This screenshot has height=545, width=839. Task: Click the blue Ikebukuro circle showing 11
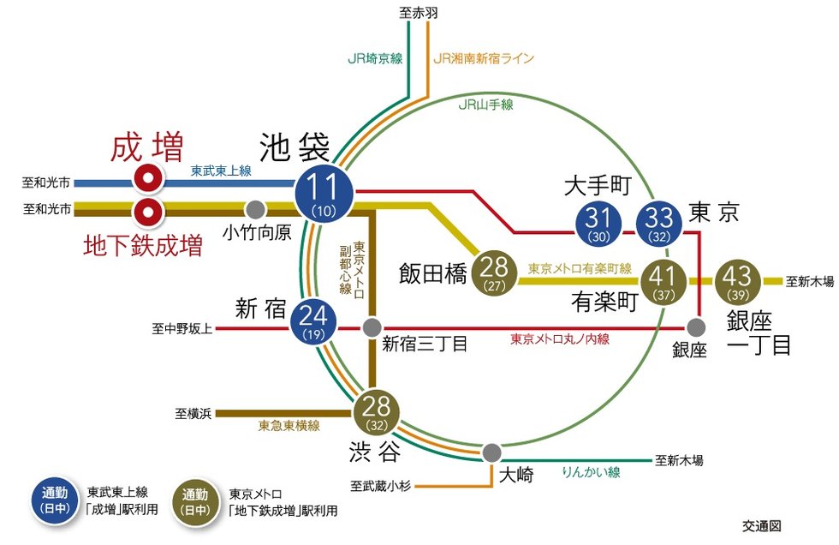324,194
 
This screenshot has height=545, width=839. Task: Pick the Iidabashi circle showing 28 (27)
494,273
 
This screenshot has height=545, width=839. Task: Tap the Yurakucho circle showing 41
663,282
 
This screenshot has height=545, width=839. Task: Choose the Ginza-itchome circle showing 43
738,282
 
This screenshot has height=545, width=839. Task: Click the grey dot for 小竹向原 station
256,209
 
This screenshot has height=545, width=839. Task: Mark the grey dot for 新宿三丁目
372,327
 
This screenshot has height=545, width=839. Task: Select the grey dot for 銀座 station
696,327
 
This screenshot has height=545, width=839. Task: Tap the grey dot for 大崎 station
491,453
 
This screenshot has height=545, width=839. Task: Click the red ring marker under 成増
148,179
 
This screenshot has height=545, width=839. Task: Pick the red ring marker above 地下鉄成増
148,212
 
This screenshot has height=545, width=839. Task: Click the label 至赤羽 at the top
419,13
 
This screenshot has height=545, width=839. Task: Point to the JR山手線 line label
486,105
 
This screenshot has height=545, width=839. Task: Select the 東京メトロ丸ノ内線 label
560,338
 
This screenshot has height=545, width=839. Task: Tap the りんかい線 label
591,471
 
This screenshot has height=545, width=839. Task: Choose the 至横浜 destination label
193,413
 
